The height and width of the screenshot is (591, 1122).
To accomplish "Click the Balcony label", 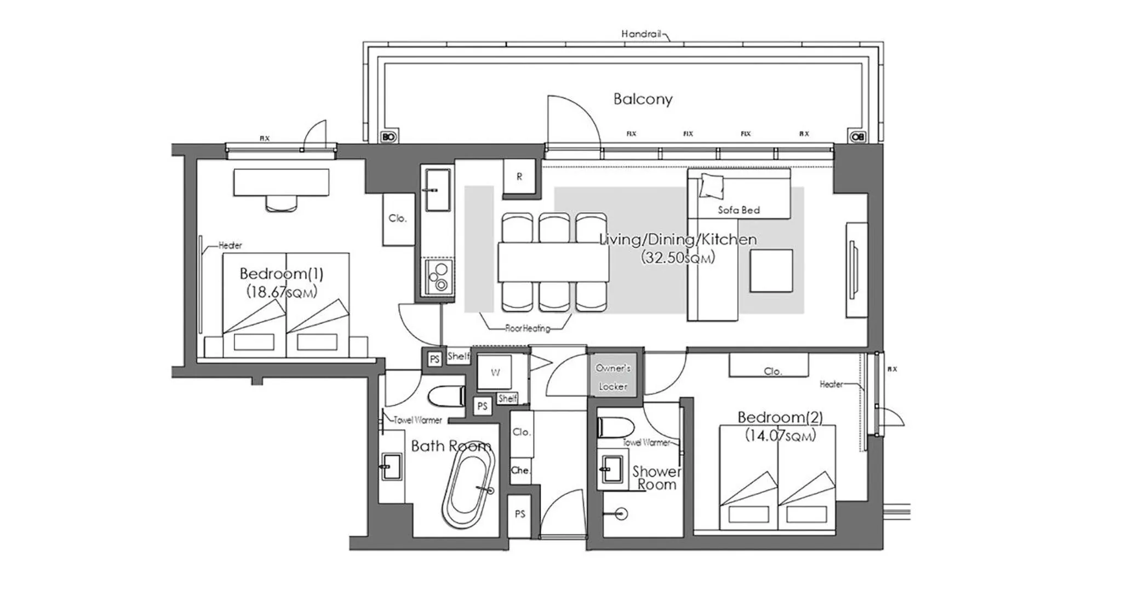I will click(643, 99).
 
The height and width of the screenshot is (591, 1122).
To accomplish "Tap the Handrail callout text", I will click(643, 34).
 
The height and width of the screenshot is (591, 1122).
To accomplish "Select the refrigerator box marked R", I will click(519, 176).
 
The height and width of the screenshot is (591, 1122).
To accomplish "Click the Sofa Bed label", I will click(739, 210).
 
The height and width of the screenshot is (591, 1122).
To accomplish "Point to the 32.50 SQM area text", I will click(678, 258).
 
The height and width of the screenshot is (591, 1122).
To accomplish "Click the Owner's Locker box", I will click(612, 377).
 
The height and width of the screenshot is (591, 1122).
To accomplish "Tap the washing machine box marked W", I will click(495, 373).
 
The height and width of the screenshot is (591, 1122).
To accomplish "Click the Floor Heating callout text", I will click(527, 328).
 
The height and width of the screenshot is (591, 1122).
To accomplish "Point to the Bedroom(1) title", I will click(281, 273).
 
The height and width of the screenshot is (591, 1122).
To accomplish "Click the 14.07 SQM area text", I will click(780, 436).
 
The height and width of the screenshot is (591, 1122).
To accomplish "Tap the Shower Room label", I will click(656, 478).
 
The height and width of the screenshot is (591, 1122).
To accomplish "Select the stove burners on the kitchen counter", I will click(439, 276).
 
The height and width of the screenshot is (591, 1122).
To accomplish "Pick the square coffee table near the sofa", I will click(771, 271).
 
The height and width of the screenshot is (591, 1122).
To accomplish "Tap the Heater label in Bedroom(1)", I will click(230, 245).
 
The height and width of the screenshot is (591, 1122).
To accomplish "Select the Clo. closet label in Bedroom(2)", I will click(772, 372).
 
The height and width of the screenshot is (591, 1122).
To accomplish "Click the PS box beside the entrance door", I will click(519, 514).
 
